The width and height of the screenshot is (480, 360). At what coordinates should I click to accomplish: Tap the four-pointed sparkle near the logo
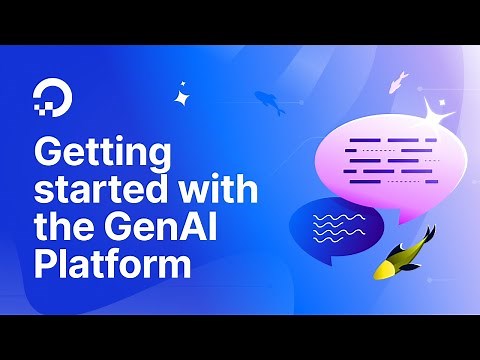point(182,97)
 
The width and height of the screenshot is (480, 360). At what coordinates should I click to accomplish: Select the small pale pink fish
point(398,80)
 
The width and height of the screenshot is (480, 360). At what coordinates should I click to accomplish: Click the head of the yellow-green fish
point(385,270)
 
